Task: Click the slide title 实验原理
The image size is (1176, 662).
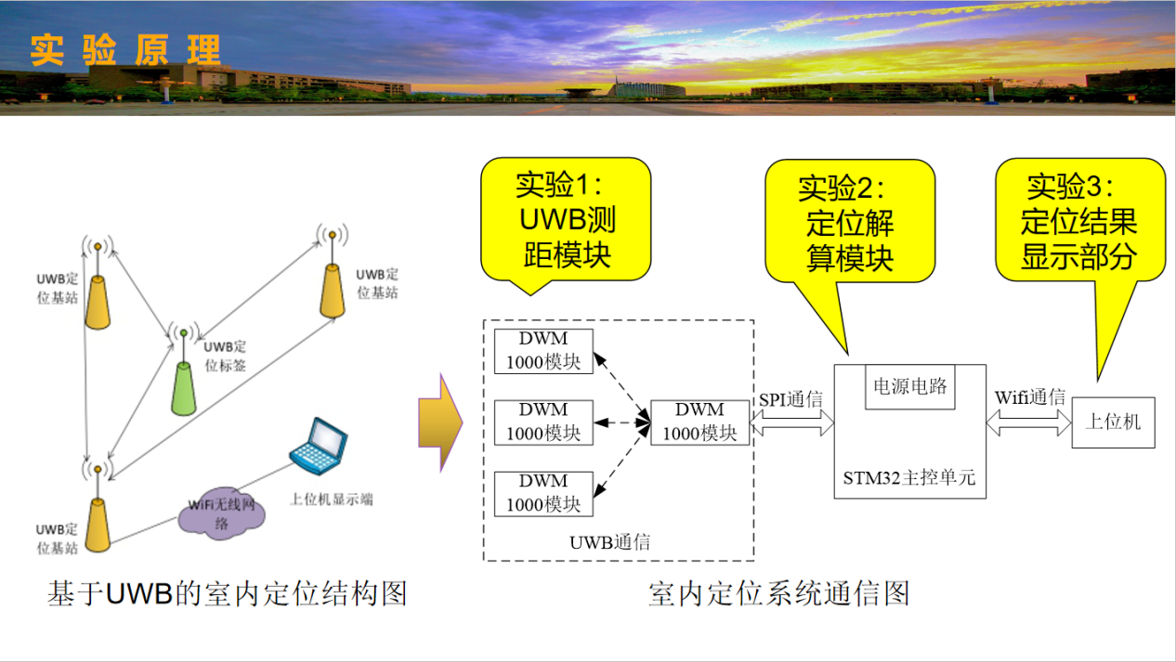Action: click(125, 50)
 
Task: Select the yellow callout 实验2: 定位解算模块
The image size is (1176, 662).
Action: click(849, 224)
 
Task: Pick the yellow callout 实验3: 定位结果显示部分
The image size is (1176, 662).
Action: click(1079, 222)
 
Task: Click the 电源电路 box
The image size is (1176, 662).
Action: click(910, 385)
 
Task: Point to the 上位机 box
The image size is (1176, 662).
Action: click(1113, 422)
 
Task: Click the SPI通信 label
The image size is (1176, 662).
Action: click(791, 400)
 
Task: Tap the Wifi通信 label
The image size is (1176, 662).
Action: click(1029, 397)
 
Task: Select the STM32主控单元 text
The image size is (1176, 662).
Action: click(908, 479)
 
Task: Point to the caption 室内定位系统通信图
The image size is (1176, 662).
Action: click(778, 593)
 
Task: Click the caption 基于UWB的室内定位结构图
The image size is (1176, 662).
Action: click(228, 593)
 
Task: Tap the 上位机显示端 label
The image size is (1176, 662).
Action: click(331, 500)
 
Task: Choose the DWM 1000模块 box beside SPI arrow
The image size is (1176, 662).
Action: click(699, 422)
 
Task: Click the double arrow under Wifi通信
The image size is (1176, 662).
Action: click(1029, 423)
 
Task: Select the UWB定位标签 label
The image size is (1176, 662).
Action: click(225, 357)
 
